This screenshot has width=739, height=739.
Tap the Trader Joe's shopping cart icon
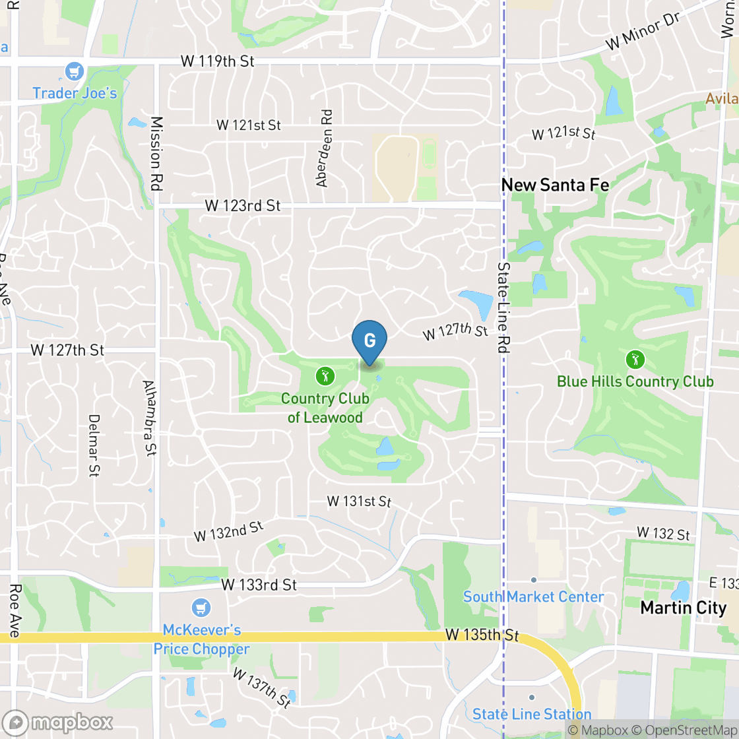pyautogui.click(x=75, y=71)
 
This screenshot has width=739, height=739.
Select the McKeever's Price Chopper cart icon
pyautogui.click(x=201, y=608)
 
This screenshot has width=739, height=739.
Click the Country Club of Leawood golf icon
pyautogui.click(x=325, y=376)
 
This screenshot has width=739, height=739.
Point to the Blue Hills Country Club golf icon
pyautogui.click(x=635, y=360)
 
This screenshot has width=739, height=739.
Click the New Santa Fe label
pyautogui.click(x=555, y=185)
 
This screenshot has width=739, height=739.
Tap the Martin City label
pyautogui.click(x=683, y=608)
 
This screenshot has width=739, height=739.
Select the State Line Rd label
pyautogui.click(x=504, y=307)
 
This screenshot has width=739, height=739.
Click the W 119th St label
pyautogui.click(x=217, y=62)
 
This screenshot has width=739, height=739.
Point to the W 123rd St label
pyautogui.click(x=242, y=206)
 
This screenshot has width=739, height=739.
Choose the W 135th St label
pyautogui.click(x=482, y=635)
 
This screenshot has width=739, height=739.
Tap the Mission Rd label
pyautogui.click(x=156, y=153)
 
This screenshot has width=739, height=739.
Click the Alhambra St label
pyautogui.click(x=150, y=418)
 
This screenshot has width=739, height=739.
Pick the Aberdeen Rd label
pyautogui.click(x=324, y=148)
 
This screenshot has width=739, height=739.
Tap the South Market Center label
pyautogui.click(x=533, y=596)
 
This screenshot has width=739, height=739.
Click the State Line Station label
pyautogui.click(x=532, y=714)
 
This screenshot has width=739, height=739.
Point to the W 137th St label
pyautogui.click(x=261, y=688)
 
